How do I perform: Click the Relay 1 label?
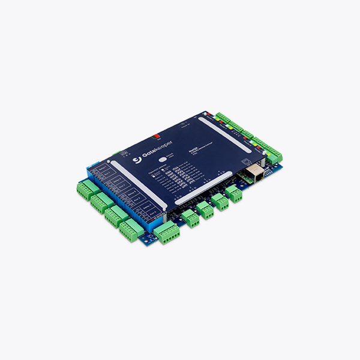point(103,169)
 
